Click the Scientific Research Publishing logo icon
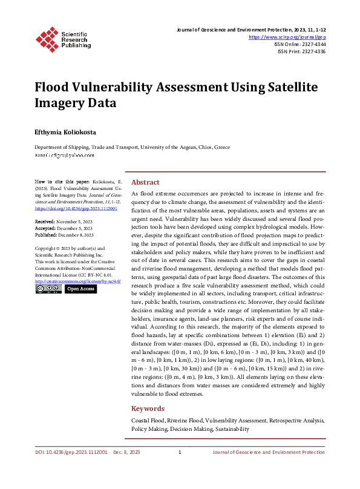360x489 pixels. pos(47,38)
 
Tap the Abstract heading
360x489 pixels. pos(145,182)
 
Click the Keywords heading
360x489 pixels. pos(148,409)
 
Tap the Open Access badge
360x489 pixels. pos(80,289)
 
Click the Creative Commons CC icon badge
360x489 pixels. pos(48,289)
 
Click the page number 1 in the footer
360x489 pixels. pos(180,452)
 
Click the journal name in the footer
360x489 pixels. pos(268,452)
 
